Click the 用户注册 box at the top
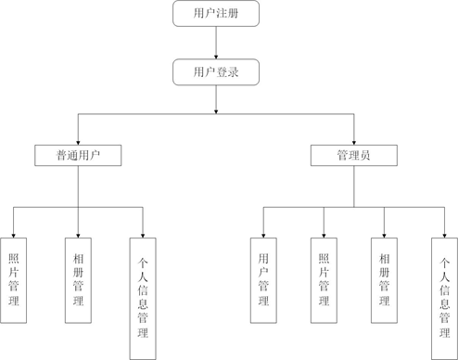(x=215, y=14)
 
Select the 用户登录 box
(x=215, y=72)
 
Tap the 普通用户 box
(x=78, y=155)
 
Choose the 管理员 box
(x=353, y=155)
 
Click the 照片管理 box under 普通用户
(x=14, y=279)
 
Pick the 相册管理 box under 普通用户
(x=78, y=279)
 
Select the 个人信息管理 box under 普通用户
(x=143, y=298)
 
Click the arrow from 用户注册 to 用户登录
(x=215, y=43)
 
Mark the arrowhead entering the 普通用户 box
(x=78, y=140)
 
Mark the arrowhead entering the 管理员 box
(x=353, y=140)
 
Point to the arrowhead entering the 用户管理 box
(x=263, y=233)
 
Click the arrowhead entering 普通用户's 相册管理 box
(x=78, y=233)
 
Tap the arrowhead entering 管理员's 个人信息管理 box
(x=444, y=233)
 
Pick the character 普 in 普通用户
(x=61, y=155)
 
